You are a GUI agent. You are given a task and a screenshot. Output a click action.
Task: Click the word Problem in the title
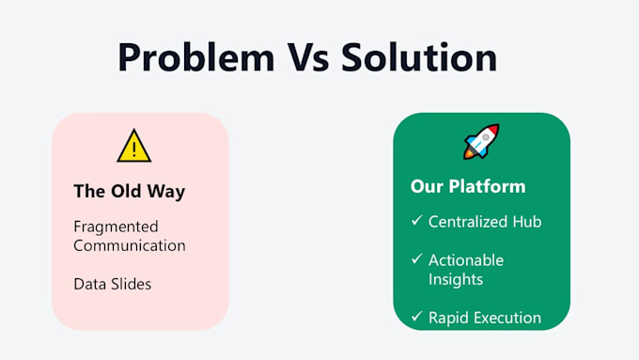tap(196, 58)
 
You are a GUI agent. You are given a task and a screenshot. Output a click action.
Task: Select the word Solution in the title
tap(419, 57)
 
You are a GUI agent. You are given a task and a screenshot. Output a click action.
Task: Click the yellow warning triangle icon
tap(134, 146)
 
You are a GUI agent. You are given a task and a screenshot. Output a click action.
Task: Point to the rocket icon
tap(482, 141)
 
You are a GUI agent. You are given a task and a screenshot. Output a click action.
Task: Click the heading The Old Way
tap(129, 191)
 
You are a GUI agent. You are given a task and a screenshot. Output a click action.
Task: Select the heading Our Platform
tap(468, 186)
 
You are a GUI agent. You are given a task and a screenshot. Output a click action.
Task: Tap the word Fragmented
tap(116, 227)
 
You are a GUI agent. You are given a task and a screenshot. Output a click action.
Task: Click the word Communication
tap(130, 245)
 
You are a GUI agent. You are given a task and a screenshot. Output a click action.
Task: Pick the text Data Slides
tap(113, 284)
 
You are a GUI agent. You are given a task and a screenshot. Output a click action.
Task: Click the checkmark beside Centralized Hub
tap(417, 221)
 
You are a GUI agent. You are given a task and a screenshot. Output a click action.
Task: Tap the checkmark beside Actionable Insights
tap(417, 258)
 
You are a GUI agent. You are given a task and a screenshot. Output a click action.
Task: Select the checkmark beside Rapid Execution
tap(417, 316)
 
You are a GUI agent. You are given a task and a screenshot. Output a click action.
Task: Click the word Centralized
tap(468, 222)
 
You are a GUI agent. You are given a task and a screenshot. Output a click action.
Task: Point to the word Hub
tap(527, 222)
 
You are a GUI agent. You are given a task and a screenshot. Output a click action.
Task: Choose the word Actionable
tap(466, 260)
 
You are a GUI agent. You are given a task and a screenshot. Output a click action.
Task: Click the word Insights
tap(456, 280)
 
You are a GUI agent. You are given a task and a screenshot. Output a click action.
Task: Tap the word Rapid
tap(448, 318)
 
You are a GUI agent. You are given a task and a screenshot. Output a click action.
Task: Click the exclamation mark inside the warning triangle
tap(134, 149)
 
